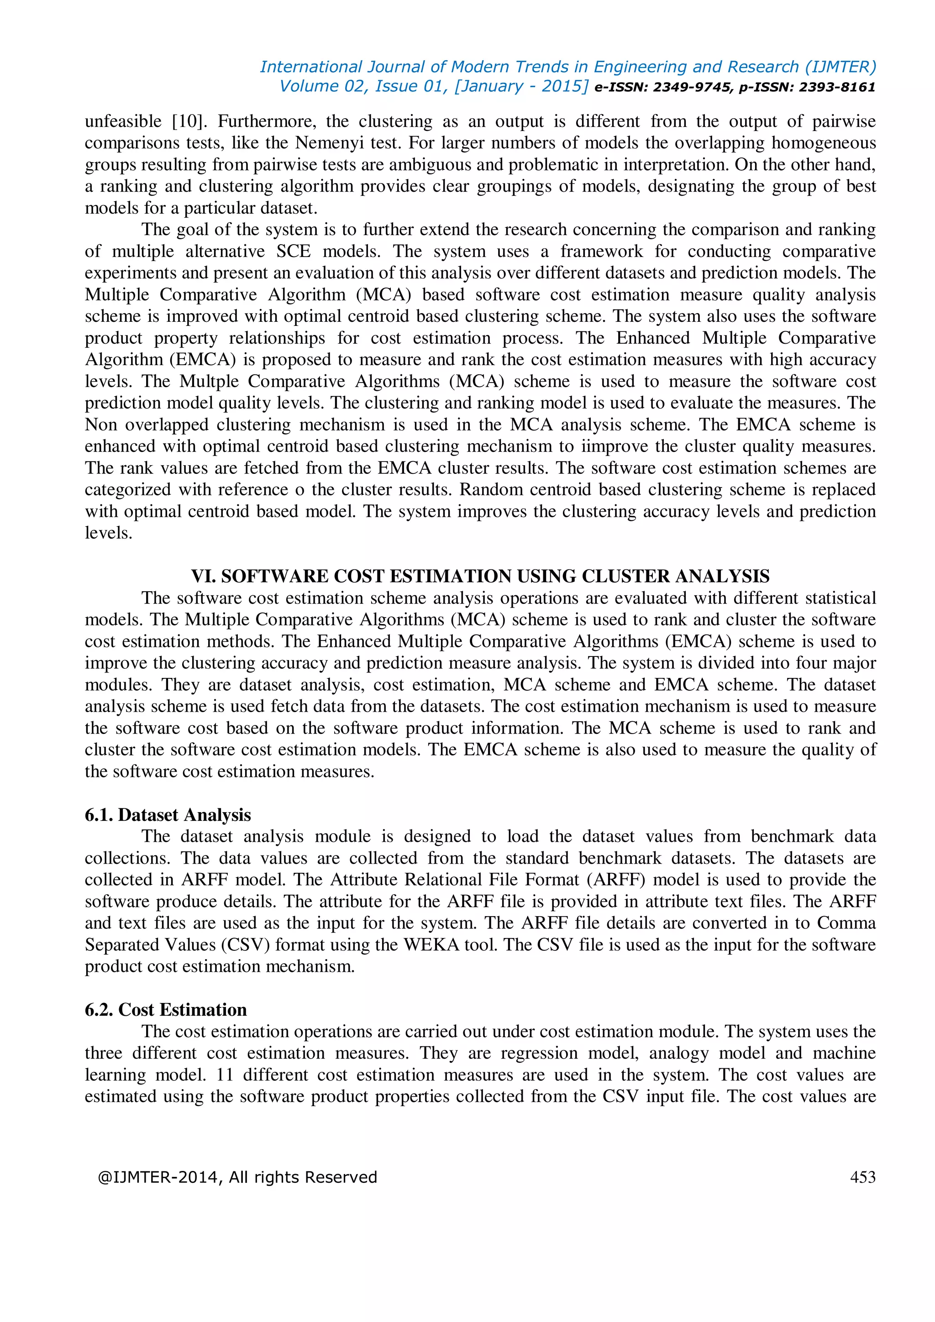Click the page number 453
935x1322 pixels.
[x=862, y=1177]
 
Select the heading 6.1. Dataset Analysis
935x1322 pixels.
[x=168, y=815]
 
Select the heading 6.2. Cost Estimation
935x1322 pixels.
[x=166, y=1009]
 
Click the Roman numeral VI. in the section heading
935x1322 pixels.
[x=203, y=577]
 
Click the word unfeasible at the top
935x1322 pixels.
[x=123, y=121]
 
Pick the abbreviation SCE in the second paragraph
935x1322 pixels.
[x=293, y=251]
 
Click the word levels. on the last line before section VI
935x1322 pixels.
[x=108, y=533]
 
